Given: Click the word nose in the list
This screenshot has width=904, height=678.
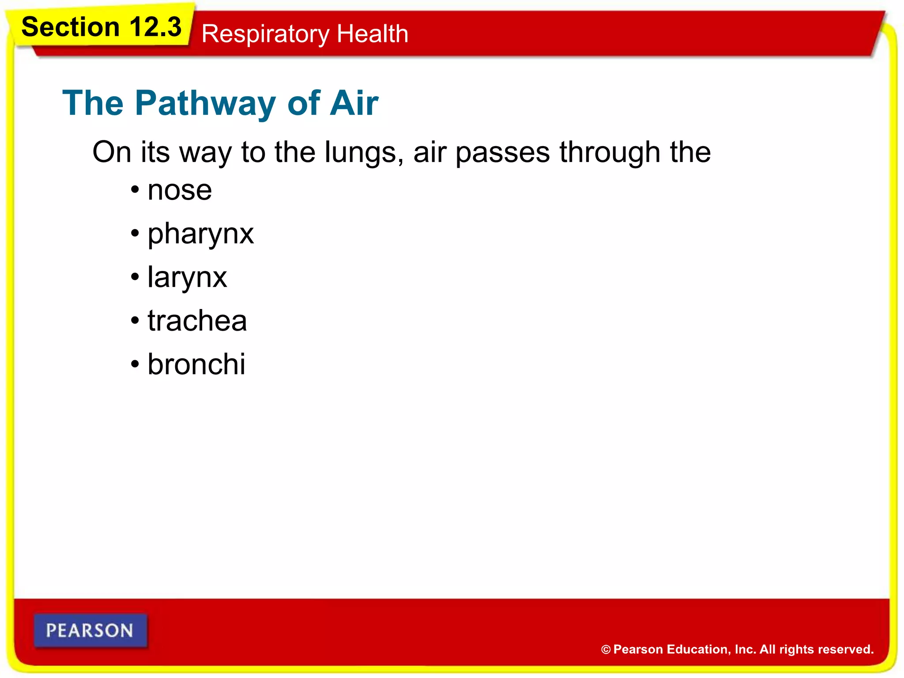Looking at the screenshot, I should (x=180, y=191).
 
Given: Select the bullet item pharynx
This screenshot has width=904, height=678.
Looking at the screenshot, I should (x=200, y=234).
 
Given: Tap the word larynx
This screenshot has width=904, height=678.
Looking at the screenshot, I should (x=187, y=278).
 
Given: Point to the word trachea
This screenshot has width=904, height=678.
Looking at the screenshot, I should (x=197, y=321).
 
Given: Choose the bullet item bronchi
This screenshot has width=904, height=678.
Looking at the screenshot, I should (x=196, y=365).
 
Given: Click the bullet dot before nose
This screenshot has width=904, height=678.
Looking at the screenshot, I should (x=135, y=190).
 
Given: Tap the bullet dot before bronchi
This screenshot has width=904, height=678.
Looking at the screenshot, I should (x=135, y=365).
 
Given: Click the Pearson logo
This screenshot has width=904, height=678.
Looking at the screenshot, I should (x=90, y=631).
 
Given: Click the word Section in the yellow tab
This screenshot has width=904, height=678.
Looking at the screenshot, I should (x=71, y=27).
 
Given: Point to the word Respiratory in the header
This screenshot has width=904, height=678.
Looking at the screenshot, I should (x=265, y=34).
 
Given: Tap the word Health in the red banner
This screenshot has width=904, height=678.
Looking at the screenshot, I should (x=372, y=34).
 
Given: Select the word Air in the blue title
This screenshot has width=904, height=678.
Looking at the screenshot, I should (x=354, y=103).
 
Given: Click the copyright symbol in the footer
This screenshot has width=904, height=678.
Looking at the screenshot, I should (x=606, y=650).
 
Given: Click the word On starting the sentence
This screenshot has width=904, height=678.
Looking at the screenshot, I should (x=112, y=153).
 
